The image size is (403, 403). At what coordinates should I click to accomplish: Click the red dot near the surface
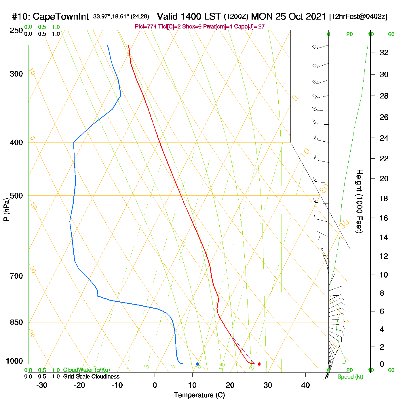[x=259, y=364]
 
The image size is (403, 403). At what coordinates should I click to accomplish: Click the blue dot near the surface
[x=197, y=364]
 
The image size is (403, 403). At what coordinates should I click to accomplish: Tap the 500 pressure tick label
[x=16, y=196]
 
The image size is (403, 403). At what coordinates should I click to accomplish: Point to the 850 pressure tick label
[x=16, y=322]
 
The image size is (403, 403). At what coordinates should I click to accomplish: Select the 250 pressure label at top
[x=16, y=31]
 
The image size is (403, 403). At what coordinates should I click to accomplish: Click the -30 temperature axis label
[x=42, y=385]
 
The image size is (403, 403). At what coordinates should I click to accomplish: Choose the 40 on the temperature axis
[x=305, y=385]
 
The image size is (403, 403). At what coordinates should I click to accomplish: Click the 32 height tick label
[x=384, y=52]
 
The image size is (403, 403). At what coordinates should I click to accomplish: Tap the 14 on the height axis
[x=384, y=237]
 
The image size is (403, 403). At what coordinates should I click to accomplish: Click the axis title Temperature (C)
[x=199, y=395]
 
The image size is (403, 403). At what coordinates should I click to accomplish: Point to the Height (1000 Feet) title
[x=359, y=201]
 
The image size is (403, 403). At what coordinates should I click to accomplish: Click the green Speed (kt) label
[x=350, y=377]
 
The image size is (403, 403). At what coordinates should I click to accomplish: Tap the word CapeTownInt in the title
[x=61, y=17]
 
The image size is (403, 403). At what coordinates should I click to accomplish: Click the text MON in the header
[x=262, y=16]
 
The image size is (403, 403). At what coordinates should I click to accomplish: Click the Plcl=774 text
[x=146, y=27]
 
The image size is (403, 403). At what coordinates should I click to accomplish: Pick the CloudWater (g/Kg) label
[x=86, y=370]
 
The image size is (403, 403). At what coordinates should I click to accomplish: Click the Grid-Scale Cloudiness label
[x=91, y=377]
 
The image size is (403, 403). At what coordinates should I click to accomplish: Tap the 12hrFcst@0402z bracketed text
[x=358, y=17]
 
